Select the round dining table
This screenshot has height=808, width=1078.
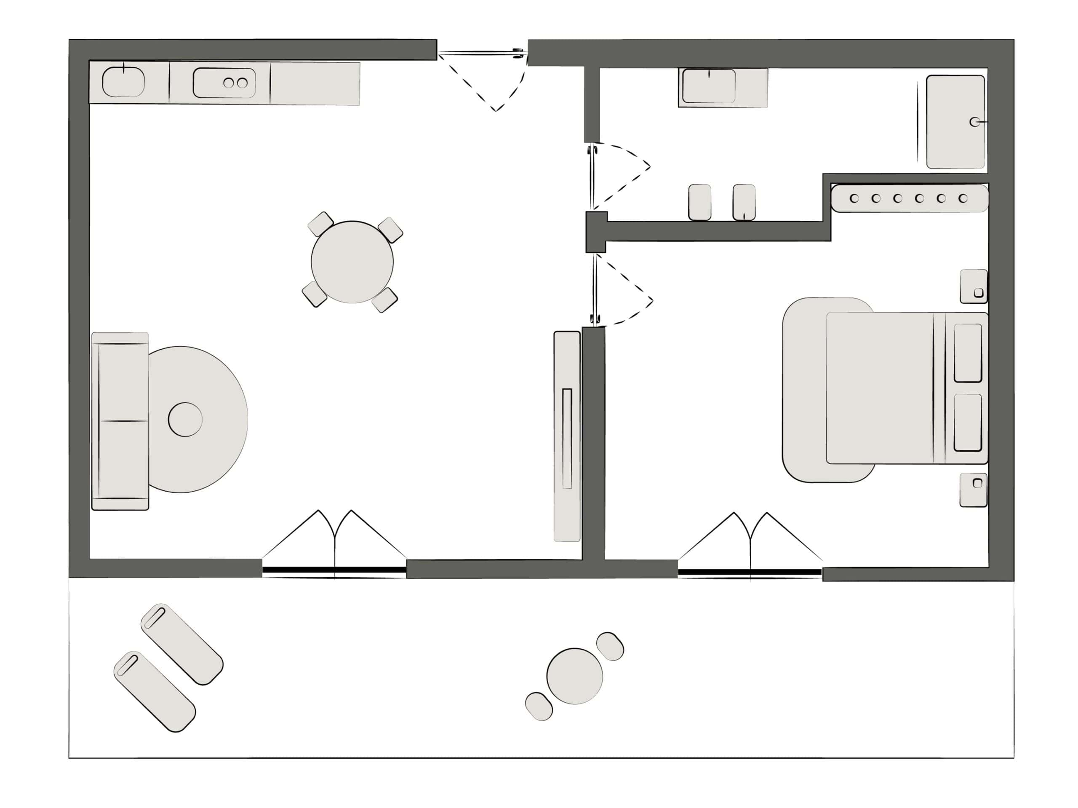352,262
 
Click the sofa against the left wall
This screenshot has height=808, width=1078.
120,421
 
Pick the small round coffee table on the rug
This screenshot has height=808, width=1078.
185,419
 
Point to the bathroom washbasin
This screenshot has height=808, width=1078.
709,86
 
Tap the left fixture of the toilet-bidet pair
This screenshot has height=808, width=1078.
699,202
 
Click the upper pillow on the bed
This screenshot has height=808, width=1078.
968,353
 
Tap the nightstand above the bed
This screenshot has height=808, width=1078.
974,286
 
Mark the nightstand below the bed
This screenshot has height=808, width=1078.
973,490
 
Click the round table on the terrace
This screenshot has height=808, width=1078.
574,676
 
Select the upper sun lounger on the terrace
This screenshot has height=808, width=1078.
182,644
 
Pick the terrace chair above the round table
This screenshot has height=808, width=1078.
610,646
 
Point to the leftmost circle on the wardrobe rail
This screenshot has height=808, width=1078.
854,198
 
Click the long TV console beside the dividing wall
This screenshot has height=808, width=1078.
567,436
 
